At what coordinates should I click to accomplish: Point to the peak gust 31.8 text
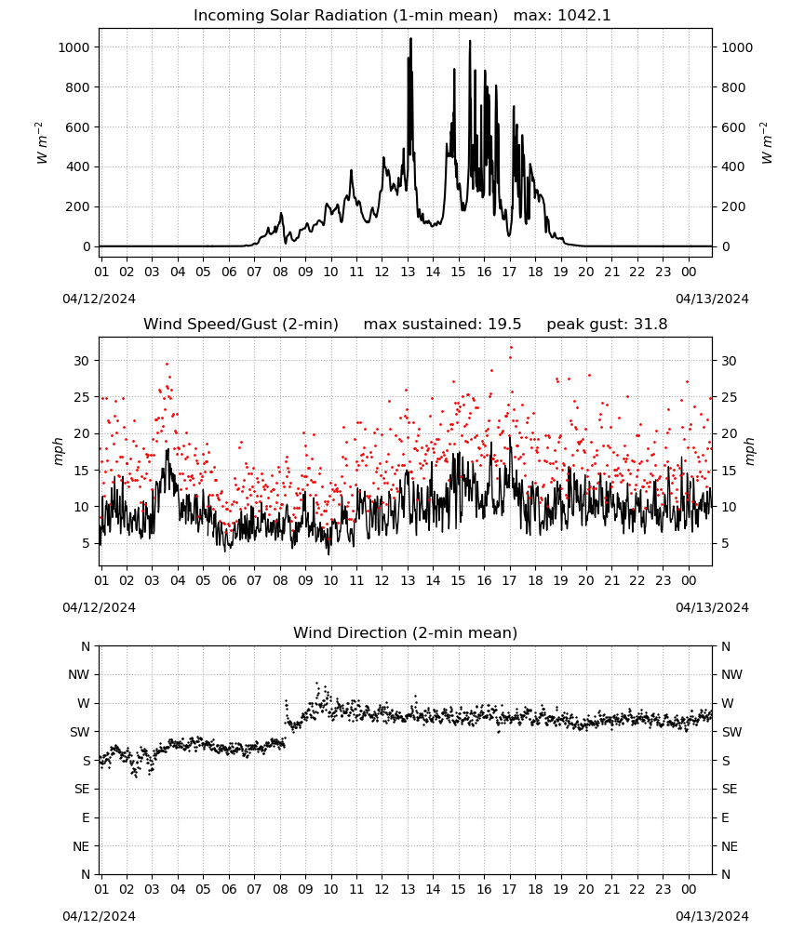tap(607, 325)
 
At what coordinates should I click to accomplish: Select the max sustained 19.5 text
tap(442, 325)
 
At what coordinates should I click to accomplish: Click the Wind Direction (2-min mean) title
tap(406, 632)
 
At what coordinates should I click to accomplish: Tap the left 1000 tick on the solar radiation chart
tap(74, 47)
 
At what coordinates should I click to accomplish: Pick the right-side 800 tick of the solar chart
tap(733, 87)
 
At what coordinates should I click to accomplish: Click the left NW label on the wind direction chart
tap(79, 674)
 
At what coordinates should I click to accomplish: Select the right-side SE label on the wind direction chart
tap(730, 789)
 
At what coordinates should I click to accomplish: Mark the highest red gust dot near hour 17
tap(511, 348)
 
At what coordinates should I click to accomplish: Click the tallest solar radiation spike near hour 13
tap(410, 39)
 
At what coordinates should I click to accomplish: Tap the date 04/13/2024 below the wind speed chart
tap(712, 607)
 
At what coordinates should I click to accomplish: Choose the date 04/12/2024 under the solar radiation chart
tap(99, 299)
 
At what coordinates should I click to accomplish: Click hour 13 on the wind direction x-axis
tap(408, 889)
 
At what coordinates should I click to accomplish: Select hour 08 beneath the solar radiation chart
tap(280, 272)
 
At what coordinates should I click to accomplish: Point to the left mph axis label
tap(58, 451)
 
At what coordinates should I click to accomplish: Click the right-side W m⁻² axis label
tap(766, 143)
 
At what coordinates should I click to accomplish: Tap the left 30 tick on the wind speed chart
tap(82, 361)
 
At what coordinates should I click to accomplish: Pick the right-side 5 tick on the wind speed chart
tap(725, 543)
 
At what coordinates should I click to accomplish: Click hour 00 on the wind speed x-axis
tap(689, 580)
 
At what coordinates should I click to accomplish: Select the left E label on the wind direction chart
tap(86, 817)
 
